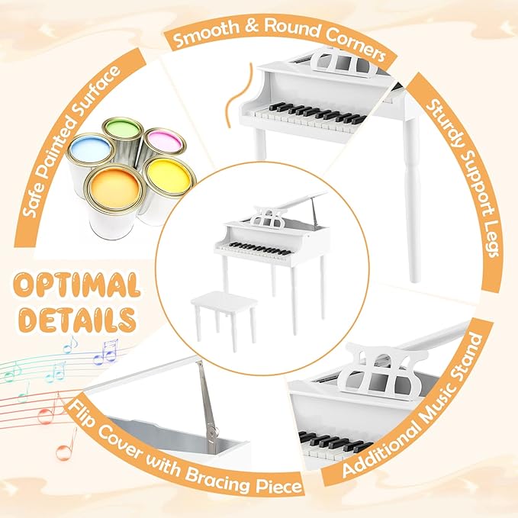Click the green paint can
tap(122, 127)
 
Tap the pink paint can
tap(163, 140)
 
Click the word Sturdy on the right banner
tap(445, 114)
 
